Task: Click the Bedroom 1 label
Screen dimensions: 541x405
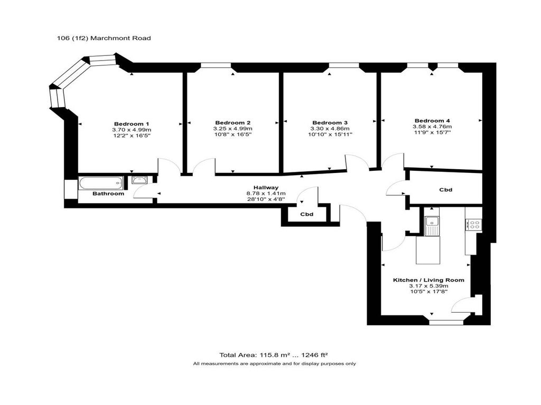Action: (x=132, y=124)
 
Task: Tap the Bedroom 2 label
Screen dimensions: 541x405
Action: (x=232, y=123)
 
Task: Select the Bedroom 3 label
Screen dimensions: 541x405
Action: (x=330, y=123)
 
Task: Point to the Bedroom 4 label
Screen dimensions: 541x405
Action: (x=432, y=121)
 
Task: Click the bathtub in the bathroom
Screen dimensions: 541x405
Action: (x=101, y=183)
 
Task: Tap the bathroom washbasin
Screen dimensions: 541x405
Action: (x=139, y=180)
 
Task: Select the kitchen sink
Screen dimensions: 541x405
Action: (x=432, y=226)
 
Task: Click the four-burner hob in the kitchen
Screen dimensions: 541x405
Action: (x=473, y=225)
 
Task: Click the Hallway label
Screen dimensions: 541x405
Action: (x=266, y=188)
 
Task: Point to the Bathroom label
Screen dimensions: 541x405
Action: (x=108, y=194)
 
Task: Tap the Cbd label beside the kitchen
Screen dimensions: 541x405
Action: (x=445, y=190)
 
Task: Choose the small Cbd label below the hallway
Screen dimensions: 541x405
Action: (x=306, y=214)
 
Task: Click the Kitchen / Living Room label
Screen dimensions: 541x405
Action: (x=428, y=281)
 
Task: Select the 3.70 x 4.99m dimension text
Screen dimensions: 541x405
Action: (x=132, y=130)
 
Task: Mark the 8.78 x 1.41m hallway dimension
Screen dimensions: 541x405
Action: (x=266, y=194)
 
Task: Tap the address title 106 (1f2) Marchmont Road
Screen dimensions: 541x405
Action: (x=104, y=38)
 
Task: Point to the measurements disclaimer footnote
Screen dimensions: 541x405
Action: (x=274, y=364)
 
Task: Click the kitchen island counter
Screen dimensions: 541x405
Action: (x=428, y=250)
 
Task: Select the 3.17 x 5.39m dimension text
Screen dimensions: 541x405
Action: (x=428, y=286)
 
